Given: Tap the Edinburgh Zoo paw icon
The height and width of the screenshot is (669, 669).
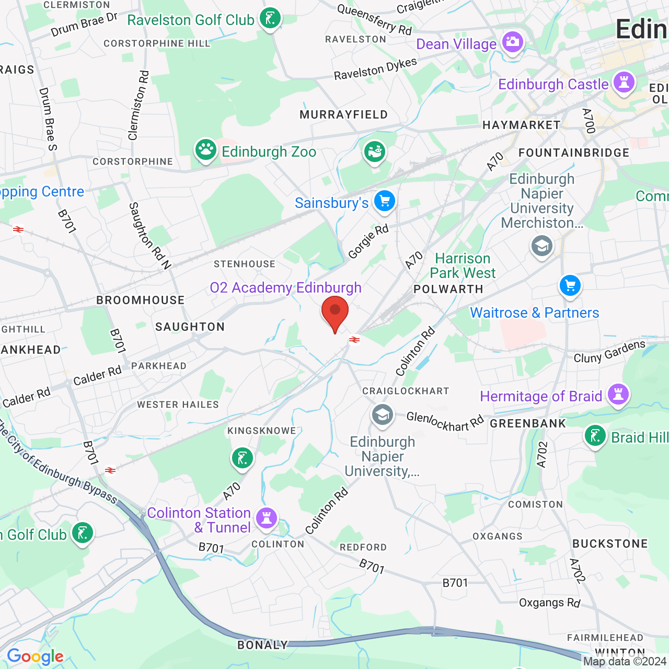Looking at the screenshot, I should click(206, 150).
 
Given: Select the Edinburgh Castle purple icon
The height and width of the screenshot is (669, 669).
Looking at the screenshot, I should click(624, 83).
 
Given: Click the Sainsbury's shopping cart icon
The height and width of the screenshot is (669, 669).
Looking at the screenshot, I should click(385, 201).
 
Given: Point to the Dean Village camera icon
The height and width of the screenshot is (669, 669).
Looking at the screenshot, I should click(512, 42).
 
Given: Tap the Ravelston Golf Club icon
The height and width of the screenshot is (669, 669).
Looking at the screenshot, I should click(270, 19).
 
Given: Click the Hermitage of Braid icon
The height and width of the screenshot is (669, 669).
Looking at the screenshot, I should click(618, 395).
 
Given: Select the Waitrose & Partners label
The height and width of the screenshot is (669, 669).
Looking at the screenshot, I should click(534, 313).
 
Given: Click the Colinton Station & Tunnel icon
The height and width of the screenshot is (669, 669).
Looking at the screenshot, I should click(267, 518).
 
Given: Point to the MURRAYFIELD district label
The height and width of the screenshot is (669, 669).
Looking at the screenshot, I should click(343, 114).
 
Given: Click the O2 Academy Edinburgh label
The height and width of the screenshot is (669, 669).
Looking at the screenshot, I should click(285, 287).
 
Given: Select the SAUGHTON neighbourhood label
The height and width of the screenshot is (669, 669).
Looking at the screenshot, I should click(190, 327).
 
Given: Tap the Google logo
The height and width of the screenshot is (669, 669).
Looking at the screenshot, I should click(35, 656).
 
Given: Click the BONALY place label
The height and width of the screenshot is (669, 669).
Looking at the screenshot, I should click(262, 645).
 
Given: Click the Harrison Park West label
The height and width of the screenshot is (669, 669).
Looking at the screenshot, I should click(463, 266).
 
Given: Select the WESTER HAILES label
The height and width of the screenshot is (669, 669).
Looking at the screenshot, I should click(178, 405).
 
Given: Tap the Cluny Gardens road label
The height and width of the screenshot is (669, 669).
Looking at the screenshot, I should click(609, 352).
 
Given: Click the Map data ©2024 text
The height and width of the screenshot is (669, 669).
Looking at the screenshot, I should click(625, 661).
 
